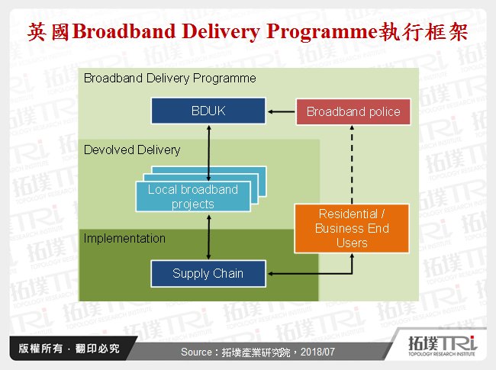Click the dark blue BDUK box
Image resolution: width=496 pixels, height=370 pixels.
[208, 111]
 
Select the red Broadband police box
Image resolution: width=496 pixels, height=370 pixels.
[353, 111]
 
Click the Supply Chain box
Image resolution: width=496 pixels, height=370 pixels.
[208, 273]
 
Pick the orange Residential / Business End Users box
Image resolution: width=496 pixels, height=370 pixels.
[352, 228]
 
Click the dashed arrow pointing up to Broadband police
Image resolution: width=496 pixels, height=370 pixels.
[352, 164]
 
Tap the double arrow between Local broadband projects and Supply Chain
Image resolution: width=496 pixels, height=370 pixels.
[208, 236]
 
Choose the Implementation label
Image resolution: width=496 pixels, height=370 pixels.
[124, 238]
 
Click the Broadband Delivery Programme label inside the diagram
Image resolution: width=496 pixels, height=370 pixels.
[170, 78]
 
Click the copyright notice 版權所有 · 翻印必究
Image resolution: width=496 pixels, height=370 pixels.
[69, 349]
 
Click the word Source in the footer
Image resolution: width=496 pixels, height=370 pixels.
[201, 352]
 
